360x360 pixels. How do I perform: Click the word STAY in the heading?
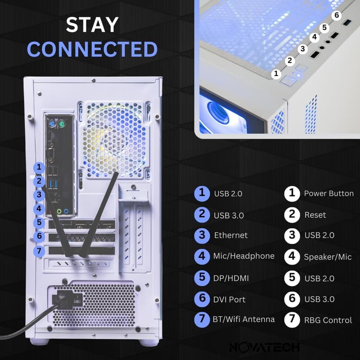pos(92,25)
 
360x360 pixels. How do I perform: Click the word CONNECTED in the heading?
pos(92,50)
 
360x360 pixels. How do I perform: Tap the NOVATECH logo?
pos(265,347)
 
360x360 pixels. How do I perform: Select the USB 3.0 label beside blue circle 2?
pos(229,215)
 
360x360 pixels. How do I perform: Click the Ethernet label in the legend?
pos(231,235)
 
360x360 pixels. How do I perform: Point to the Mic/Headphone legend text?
pos(243,256)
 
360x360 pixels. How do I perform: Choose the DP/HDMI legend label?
pos(230,278)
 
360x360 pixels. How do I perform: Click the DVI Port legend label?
pos(229,299)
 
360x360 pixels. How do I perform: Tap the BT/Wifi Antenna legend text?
pos(243,319)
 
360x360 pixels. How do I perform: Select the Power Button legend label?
pos(329,193)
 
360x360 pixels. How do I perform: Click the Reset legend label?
pos(315,215)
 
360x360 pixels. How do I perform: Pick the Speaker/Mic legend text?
pos(328,257)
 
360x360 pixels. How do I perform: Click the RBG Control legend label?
pos(328,320)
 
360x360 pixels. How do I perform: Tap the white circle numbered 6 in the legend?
pos(292,299)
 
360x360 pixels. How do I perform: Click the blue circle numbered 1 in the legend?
pos(202,193)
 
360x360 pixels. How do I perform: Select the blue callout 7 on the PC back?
pos(39,251)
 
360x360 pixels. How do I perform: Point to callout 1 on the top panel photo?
pos(276,73)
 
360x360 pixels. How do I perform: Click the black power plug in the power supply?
pos(62,300)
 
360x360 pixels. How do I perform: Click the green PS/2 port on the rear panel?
pos(63,125)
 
